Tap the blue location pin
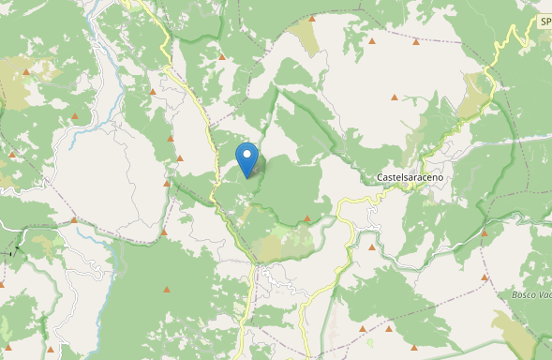point(246,158)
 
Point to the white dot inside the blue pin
point(246,153)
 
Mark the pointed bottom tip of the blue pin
point(246,177)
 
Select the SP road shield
point(545,21)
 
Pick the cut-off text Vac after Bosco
point(545,295)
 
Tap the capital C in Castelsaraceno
point(379,177)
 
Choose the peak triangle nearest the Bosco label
point(485,277)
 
